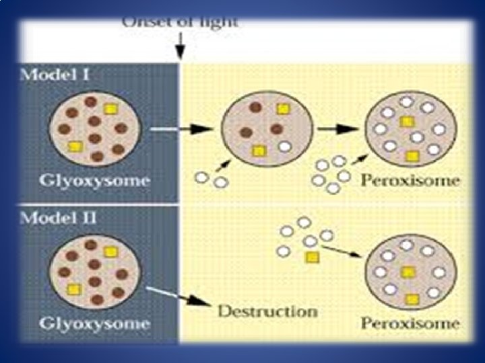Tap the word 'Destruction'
[x=267, y=312]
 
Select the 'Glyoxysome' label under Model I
[x=94, y=181]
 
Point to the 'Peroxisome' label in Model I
[x=410, y=181]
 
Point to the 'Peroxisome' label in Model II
[x=410, y=323]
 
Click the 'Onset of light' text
[x=179, y=22]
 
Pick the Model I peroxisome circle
[x=410, y=128]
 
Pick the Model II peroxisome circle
[x=410, y=272]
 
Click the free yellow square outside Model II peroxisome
[x=311, y=257]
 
